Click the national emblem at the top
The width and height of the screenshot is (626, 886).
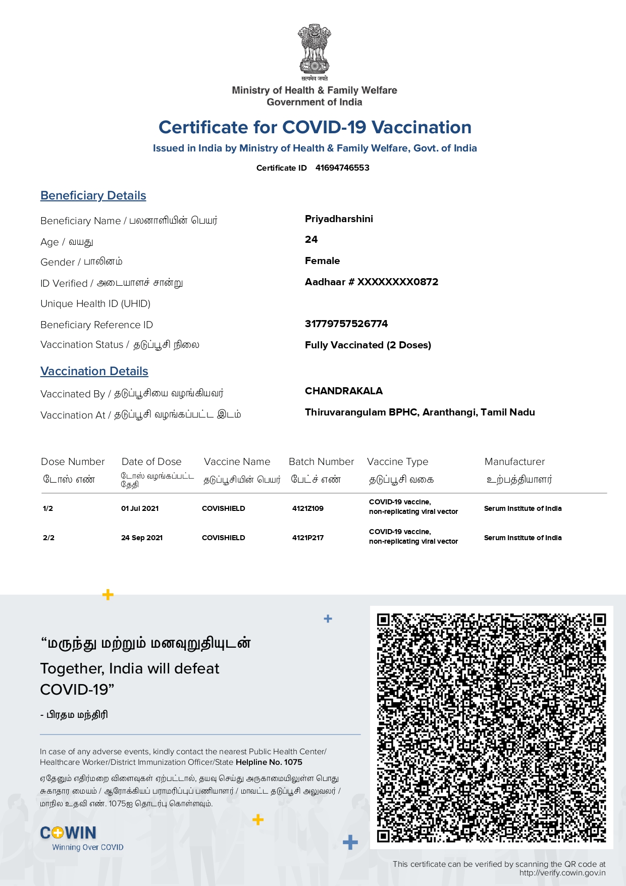pos(314,49)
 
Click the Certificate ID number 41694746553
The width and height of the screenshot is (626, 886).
pos(342,168)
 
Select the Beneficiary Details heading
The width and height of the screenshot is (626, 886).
pos(93,195)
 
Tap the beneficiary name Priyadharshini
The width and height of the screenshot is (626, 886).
pos(339,219)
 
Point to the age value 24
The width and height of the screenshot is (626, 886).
pos(311,239)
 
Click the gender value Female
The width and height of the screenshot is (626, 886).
pos(322,260)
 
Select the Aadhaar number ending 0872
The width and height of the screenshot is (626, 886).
pos(372,282)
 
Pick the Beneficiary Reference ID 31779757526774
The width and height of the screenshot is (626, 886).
pos(346,324)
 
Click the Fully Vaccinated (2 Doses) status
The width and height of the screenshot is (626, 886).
pos(368,345)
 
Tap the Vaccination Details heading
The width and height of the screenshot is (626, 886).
pos(94,371)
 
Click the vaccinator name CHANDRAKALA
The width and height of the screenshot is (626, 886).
pos(344,391)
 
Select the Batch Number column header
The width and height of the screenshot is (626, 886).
pos(321,461)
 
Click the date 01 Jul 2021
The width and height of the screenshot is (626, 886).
pos(140,508)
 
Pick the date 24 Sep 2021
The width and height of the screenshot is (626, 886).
pos(142,538)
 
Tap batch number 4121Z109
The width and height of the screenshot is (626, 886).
pos(308,508)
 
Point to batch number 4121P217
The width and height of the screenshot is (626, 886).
pos(308,538)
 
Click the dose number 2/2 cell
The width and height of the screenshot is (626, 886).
pos(48,538)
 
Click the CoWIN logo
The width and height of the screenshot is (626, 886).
pos(68,833)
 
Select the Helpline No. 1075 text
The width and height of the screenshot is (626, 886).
pos(269,762)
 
